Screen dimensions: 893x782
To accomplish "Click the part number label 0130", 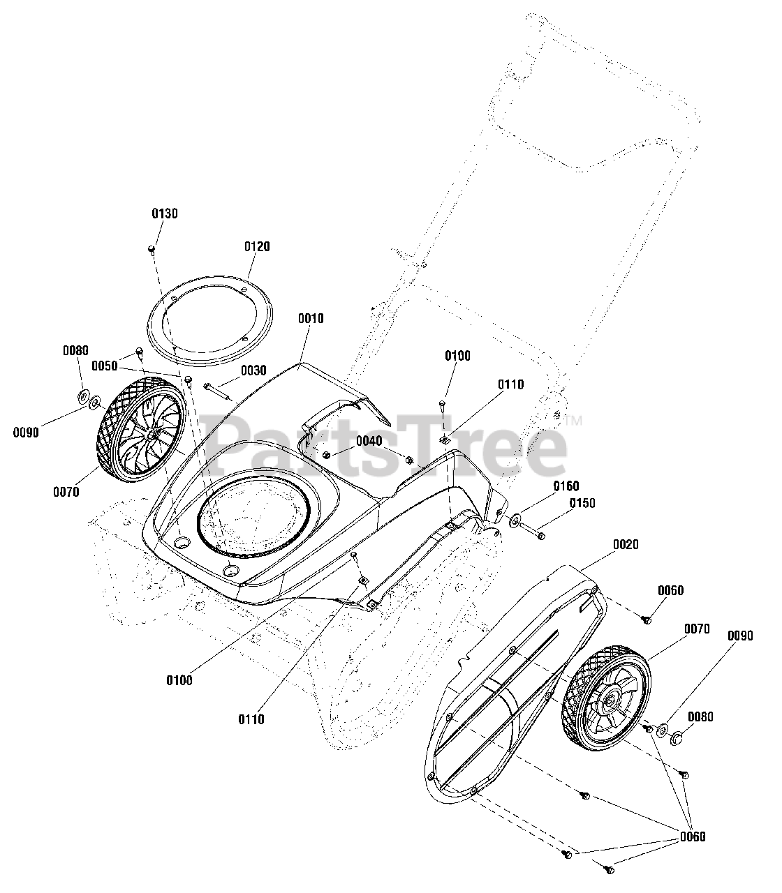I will (x=165, y=213).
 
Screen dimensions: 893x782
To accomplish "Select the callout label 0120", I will (x=257, y=246).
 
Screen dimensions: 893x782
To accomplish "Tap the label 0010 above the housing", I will (x=311, y=319).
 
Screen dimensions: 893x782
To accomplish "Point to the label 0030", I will (x=253, y=370).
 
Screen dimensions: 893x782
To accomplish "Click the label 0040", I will (x=369, y=440).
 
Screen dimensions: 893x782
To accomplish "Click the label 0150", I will (x=582, y=503).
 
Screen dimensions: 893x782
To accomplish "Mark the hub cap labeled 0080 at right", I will (x=676, y=737).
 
